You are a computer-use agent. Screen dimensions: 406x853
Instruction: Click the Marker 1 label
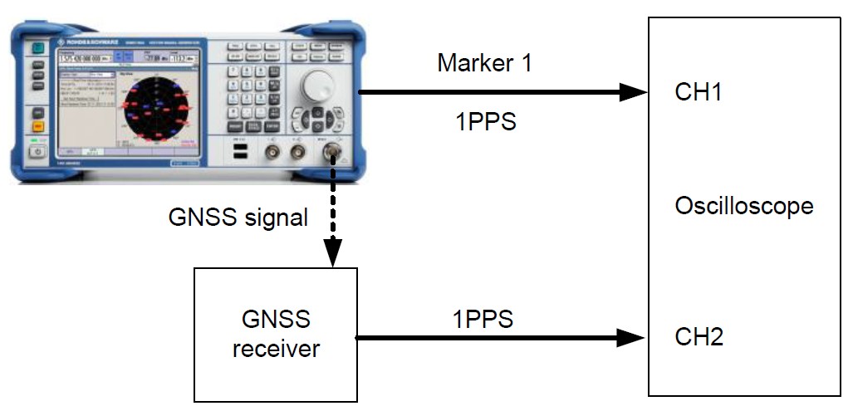tap(484, 63)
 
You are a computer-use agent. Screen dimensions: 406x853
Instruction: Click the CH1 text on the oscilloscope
tap(699, 92)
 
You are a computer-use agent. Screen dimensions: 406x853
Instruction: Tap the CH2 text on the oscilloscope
tap(699, 337)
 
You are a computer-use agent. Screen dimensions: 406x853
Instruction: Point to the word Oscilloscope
tap(743, 205)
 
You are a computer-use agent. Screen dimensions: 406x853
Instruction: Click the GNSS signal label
tap(238, 218)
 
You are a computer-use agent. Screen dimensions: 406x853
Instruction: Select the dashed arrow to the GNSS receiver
tap(332, 208)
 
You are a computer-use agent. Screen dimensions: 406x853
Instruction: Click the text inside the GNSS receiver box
tap(276, 334)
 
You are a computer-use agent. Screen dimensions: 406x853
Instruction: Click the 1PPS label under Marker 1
tap(485, 121)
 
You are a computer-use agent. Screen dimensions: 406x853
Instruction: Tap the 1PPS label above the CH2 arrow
tap(483, 318)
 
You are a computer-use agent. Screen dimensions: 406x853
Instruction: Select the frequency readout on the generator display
tap(83, 59)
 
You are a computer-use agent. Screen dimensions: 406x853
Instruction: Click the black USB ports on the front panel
tap(239, 153)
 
